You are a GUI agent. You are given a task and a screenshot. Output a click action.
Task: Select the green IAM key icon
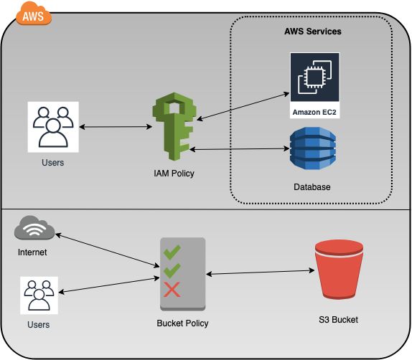click(x=172, y=128)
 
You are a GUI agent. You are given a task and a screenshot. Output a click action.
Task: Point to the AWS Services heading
click(x=313, y=32)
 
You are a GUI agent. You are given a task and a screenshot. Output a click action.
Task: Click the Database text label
click(x=312, y=187)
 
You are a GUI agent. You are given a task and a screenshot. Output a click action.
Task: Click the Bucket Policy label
click(x=182, y=323)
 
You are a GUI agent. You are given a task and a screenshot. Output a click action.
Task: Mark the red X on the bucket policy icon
click(x=172, y=290)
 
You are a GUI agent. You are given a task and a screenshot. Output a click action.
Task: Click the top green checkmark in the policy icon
click(x=172, y=252)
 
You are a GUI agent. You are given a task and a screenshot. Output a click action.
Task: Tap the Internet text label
click(x=33, y=252)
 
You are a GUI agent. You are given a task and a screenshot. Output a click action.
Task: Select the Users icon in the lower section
click(x=38, y=294)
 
